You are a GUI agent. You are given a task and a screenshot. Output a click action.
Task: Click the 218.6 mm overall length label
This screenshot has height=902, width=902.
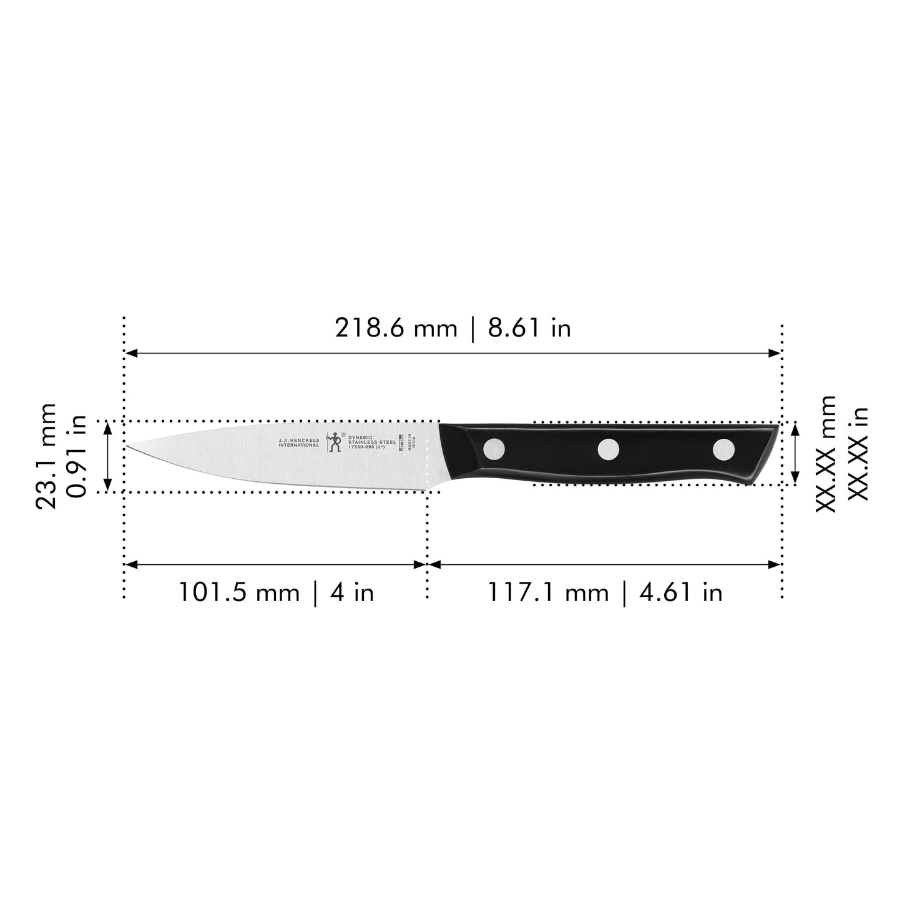click(453, 328)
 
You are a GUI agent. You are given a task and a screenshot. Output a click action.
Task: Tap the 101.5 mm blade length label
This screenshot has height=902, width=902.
click(276, 592)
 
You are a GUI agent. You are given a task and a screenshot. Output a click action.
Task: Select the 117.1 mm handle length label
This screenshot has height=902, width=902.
click(604, 592)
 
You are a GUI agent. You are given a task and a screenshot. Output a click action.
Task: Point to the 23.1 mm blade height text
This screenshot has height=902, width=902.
click(46, 456)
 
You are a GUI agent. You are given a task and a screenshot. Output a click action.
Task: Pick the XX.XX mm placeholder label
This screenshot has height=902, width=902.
click(825, 454)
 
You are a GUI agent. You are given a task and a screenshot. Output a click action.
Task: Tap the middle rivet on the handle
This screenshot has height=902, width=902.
click(609, 449)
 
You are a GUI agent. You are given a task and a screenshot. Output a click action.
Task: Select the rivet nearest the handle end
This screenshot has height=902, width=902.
click(723, 449)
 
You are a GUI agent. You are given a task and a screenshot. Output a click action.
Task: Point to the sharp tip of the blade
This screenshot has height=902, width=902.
click(129, 446)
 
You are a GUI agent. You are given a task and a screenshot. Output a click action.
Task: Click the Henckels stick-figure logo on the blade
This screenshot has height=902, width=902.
click(335, 441)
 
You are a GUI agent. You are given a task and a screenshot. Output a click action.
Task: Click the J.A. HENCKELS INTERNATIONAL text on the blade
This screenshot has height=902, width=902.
click(298, 443)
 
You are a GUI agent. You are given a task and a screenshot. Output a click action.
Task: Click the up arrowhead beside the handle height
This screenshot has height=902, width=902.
click(795, 429)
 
